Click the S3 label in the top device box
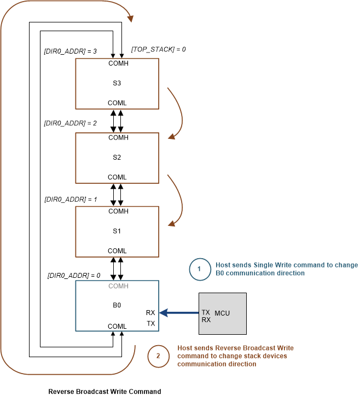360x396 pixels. tap(117, 83)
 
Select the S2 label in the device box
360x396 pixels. tap(117, 158)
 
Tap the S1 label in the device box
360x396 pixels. tap(117, 231)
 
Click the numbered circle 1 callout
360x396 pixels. tap(199, 269)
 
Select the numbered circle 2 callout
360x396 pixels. tap(158, 356)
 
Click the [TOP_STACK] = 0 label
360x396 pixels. tap(159, 49)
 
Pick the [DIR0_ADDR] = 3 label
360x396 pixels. tap(70, 51)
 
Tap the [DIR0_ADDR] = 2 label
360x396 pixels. tap(70, 124)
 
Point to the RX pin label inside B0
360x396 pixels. tap(150, 313)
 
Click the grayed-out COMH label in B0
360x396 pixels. tap(118, 286)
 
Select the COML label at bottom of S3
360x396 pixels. tap(117, 103)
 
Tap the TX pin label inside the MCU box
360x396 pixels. tap(206, 312)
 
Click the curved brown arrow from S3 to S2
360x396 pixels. tap(178, 113)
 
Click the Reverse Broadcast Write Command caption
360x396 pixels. tap(104, 391)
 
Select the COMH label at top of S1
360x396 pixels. tap(118, 211)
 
